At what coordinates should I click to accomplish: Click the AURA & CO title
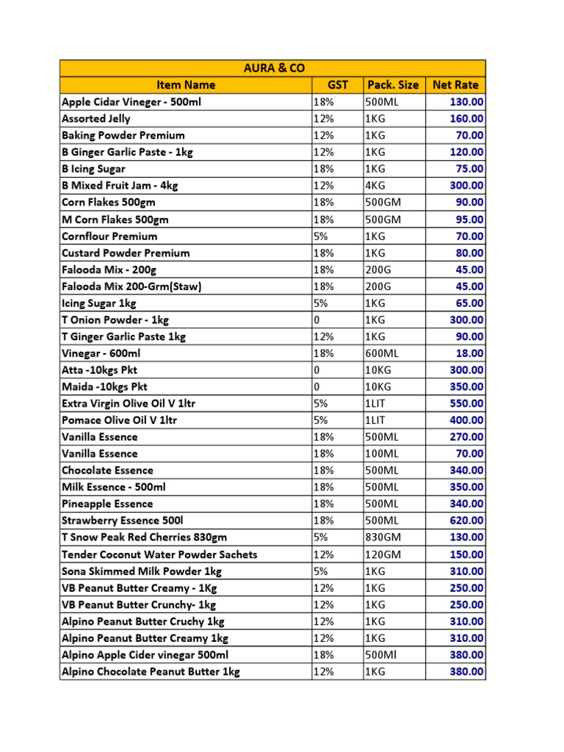272,68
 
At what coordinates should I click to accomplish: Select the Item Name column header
186,85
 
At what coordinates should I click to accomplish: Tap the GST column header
337,85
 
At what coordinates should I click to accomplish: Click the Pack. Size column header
393,85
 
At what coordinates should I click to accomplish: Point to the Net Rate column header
455,85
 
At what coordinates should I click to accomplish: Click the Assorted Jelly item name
96,118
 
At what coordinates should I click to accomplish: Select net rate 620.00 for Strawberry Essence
466,521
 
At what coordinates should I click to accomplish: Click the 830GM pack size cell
382,538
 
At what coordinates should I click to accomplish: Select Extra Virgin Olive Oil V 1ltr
129,403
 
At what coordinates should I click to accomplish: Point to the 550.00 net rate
466,403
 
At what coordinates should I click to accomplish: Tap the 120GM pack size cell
382,554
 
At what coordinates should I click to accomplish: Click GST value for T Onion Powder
317,319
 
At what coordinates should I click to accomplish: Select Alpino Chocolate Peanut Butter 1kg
151,672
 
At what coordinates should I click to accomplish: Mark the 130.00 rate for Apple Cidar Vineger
466,102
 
